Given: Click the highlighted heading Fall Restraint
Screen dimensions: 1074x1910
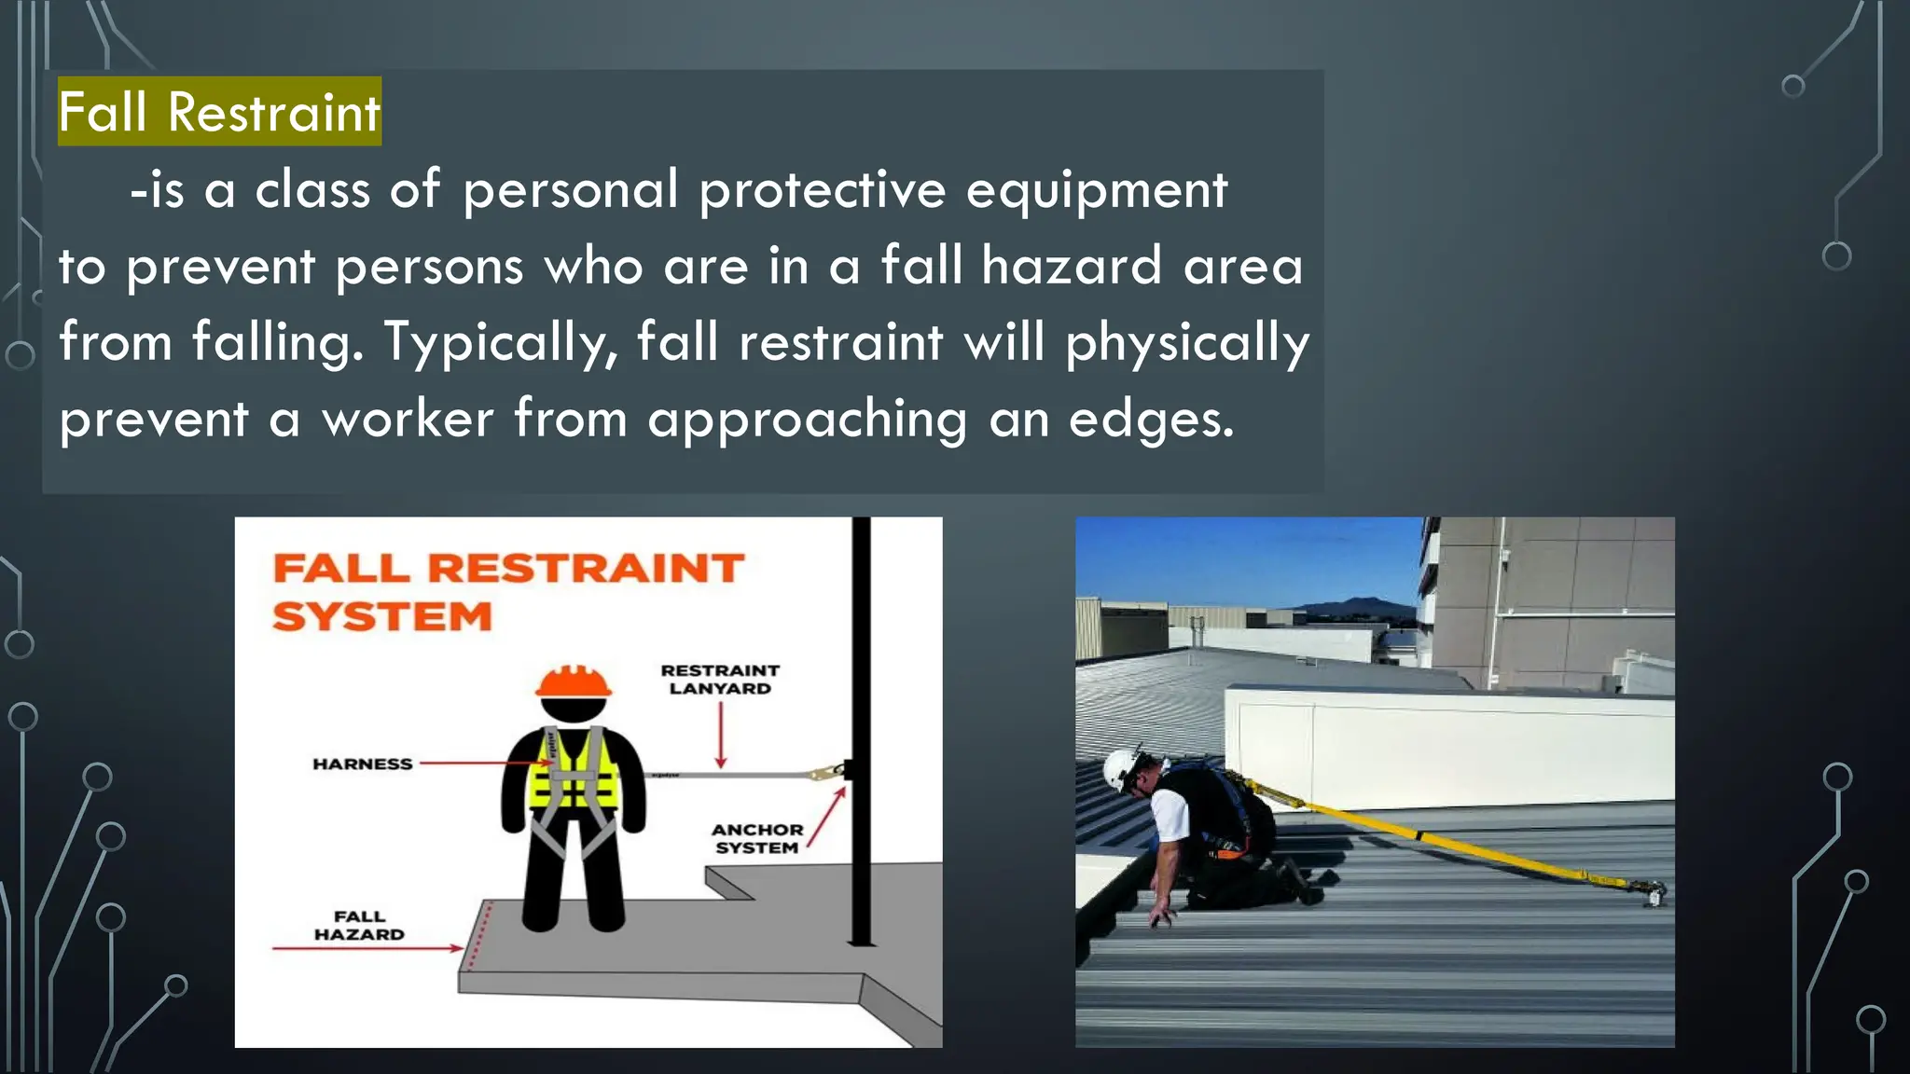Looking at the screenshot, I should click(x=219, y=112).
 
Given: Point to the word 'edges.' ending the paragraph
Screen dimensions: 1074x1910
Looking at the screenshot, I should click(x=1151, y=420).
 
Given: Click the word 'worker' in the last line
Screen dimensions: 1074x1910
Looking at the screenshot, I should click(x=408, y=420).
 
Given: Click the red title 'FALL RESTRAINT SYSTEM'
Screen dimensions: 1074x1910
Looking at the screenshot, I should click(x=507, y=591).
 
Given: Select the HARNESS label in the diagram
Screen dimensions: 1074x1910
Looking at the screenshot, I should click(x=362, y=764).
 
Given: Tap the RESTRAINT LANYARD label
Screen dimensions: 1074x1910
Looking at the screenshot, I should click(x=719, y=680).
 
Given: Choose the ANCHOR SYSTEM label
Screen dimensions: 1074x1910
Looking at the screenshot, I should click(x=756, y=838).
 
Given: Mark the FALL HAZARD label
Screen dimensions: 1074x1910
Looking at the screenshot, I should click(x=359, y=926).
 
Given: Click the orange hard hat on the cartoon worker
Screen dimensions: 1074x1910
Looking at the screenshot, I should click(x=574, y=682).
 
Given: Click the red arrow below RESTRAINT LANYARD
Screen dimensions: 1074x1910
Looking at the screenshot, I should click(x=721, y=736).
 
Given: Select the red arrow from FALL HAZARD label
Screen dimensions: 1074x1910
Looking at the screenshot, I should click(x=367, y=948).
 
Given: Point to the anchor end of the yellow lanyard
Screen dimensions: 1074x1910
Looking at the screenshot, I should click(x=1653, y=893).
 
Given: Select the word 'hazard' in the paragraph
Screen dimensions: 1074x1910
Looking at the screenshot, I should click(x=1072, y=267).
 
